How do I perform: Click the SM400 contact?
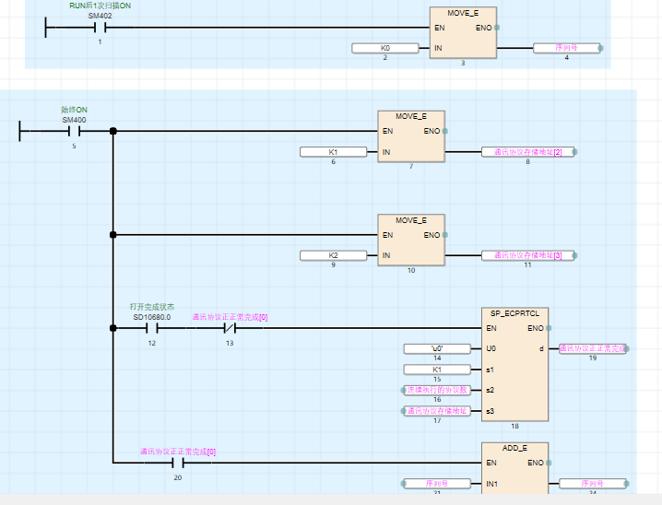74,131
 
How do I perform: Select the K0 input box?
384,47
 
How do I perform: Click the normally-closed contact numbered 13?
230,328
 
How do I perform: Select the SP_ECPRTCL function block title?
515,313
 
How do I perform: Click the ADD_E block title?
515,448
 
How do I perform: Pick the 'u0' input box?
436,349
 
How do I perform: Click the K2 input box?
333,255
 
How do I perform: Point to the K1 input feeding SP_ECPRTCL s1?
436,370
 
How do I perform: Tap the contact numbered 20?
177,463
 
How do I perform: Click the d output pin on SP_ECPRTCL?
540,349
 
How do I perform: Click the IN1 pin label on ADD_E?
493,483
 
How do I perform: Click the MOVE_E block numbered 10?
411,240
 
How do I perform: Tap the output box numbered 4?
566,47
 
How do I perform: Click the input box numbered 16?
436,390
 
